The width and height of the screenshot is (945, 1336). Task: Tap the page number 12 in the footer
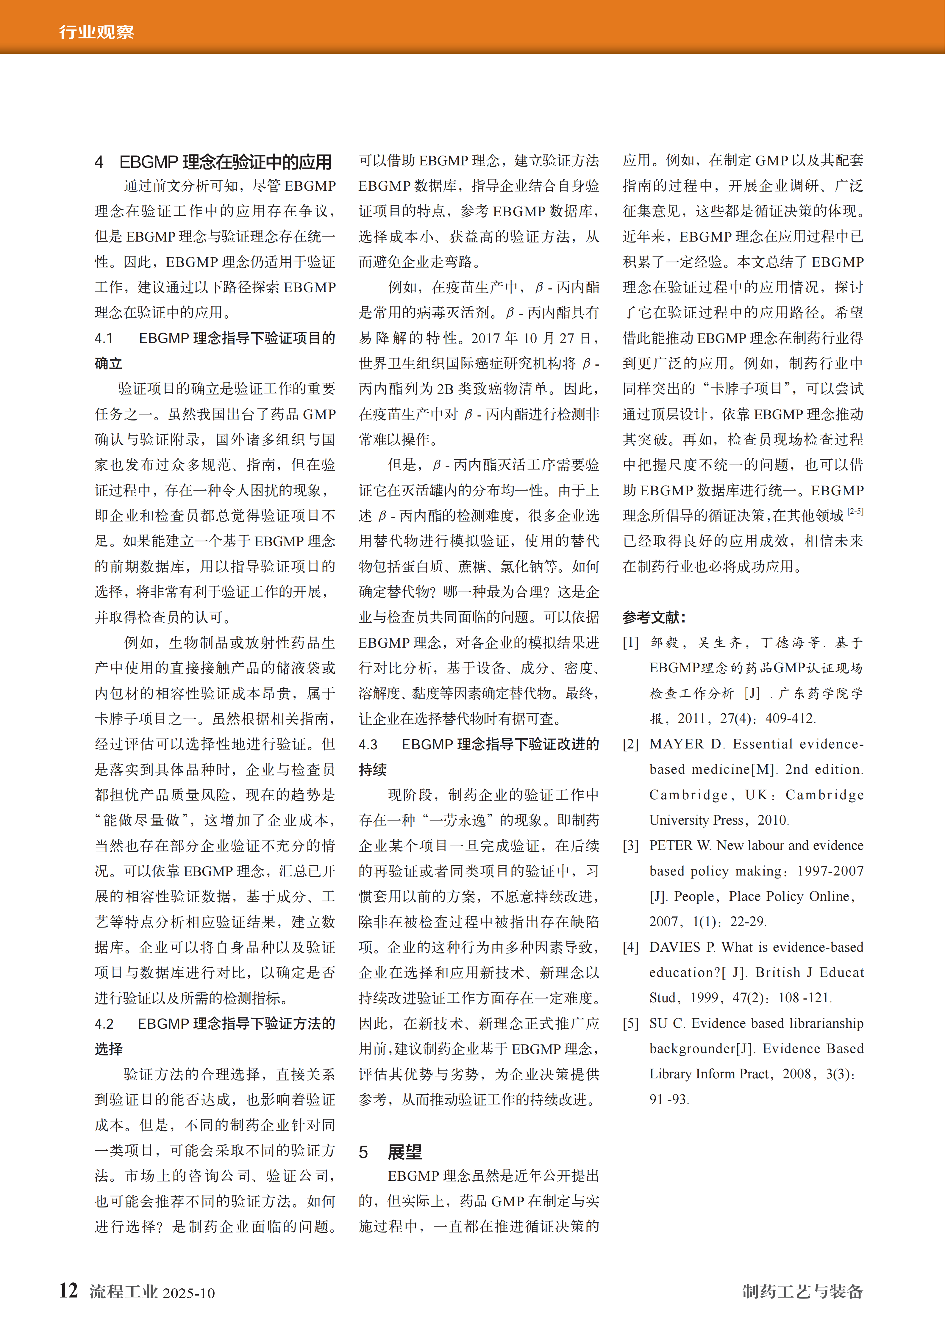point(68,1290)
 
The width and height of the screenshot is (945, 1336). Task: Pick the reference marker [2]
point(631,744)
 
